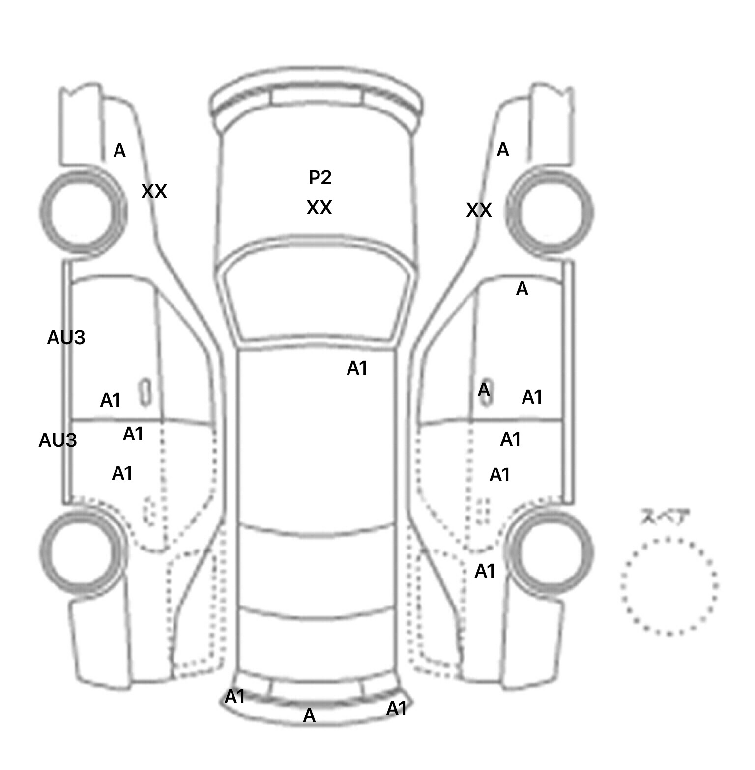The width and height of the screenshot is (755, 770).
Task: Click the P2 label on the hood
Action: pyautogui.click(x=320, y=177)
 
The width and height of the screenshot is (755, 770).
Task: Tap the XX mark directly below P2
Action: pyautogui.click(x=319, y=208)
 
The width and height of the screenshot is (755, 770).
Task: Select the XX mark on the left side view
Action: pyautogui.click(x=154, y=191)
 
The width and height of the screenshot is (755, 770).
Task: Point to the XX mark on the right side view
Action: pyautogui.click(x=479, y=210)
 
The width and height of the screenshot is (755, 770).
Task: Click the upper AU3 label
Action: pyautogui.click(x=66, y=338)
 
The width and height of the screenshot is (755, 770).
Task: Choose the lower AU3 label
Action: pyautogui.click(x=58, y=440)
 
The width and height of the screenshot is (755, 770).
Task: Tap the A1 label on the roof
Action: pyautogui.click(x=357, y=368)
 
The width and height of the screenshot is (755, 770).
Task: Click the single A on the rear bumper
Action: pyautogui.click(x=309, y=715)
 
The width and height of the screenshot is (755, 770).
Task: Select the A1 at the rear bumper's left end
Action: pyautogui.click(x=235, y=697)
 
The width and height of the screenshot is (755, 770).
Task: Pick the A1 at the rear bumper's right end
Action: pyautogui.click(x=397, y=709)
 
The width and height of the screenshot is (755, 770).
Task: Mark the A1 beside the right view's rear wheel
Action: pyautogui.click(x=485, y=571)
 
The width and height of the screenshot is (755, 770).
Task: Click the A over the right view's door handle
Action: pyautogui.click(x=484, y=390)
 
